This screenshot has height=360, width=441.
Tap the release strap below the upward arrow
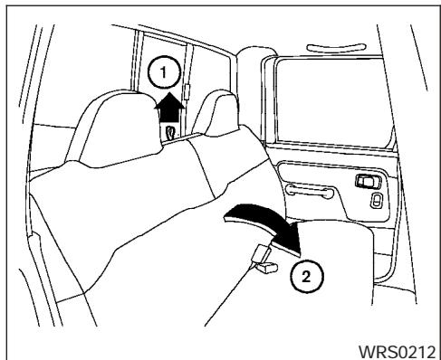pos(170,132)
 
